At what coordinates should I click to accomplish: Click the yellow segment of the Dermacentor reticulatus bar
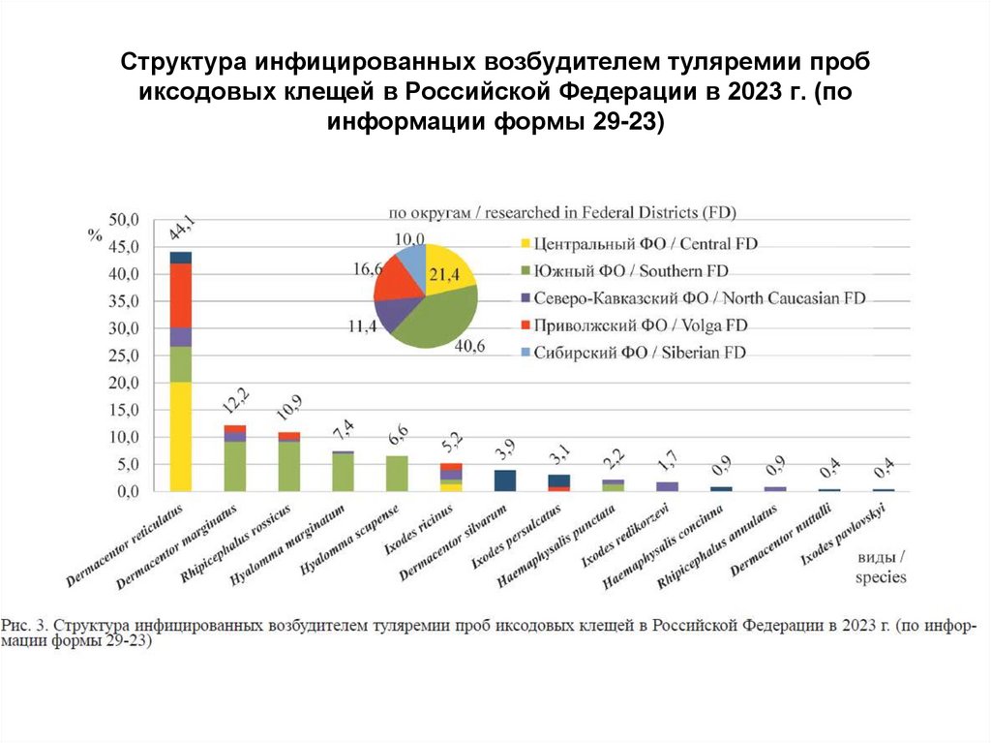[x=180, y=436]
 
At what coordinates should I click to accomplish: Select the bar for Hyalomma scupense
[x=397, y=474]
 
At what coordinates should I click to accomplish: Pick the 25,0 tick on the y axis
[x=126, y=356]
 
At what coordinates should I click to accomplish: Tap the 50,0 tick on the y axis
[x=126, y=220]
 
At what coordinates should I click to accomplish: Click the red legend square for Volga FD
[x=526, y=325]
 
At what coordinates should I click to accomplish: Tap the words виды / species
[x=880, y=568]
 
